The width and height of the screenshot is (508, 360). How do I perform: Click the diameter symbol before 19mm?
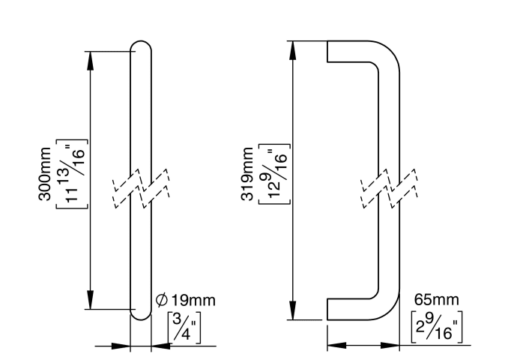162,300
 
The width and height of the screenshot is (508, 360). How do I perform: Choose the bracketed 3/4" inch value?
184,326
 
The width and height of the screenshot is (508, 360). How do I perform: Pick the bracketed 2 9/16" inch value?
438,326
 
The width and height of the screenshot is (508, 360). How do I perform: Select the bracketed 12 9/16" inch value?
274,175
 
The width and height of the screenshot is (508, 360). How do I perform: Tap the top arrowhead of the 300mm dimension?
91,58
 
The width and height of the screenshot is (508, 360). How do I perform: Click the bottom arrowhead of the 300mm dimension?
91,301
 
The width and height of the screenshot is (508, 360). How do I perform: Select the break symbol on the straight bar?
141,192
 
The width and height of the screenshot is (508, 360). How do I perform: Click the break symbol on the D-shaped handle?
388,192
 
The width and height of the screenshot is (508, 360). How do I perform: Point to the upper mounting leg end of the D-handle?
328,51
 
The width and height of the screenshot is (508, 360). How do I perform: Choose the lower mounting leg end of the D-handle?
328,309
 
